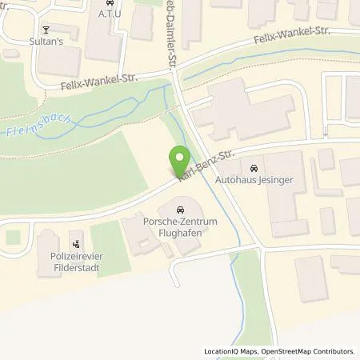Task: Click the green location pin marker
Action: click(180, 158)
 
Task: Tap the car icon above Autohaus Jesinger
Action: click(254, 169)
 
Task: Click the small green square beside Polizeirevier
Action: click(11, 238)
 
